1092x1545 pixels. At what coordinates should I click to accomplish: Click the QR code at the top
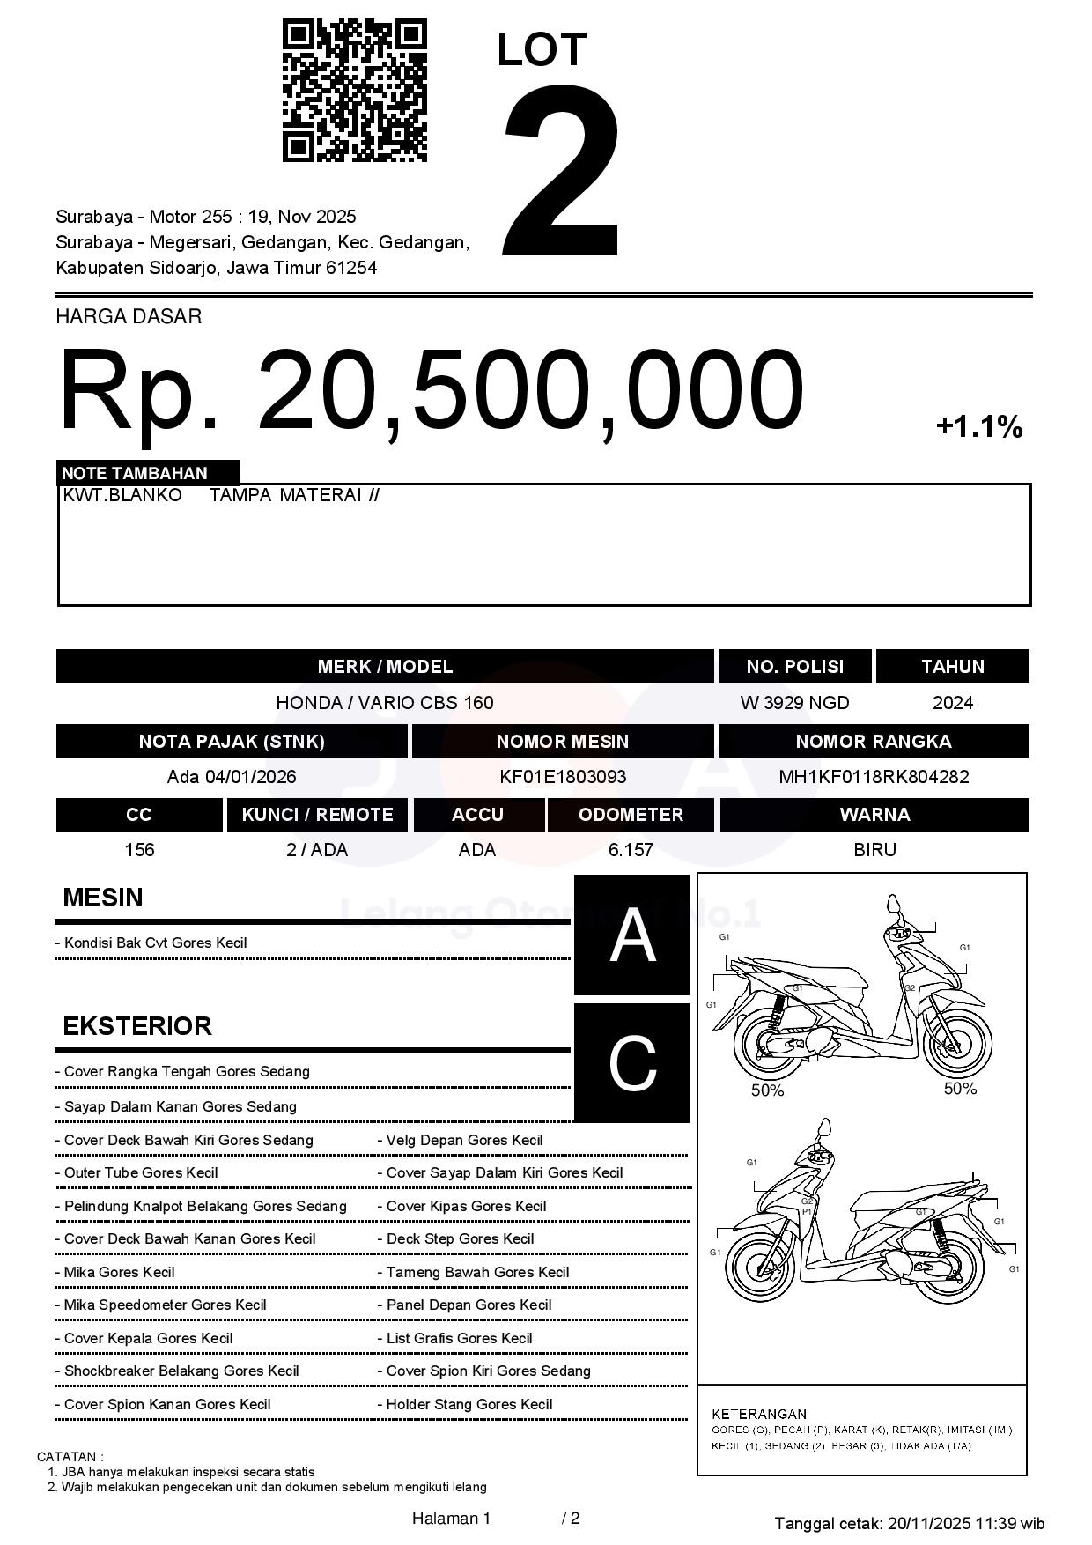354,91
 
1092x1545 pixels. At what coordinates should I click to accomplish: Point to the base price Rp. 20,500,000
432,390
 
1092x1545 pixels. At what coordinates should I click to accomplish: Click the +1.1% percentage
978,427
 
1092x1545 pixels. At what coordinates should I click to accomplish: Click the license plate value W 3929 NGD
794,703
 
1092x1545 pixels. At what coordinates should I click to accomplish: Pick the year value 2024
952,703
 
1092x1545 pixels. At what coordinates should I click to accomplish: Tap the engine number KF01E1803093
563,777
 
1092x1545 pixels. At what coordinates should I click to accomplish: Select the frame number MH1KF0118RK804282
873,777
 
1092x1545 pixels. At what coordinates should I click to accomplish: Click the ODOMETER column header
631,815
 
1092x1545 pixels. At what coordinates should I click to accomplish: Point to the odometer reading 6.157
631,850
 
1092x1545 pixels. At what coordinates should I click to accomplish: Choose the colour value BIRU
874,850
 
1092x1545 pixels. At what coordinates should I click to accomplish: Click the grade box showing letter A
632,935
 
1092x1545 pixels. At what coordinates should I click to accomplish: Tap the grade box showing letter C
632,1063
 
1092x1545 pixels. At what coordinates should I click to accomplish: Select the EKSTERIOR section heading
137,1026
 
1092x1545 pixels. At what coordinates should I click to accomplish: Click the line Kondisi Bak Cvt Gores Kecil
155,943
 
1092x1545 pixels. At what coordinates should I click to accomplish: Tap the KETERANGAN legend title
759,1414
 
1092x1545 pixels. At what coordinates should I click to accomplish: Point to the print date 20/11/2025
928,1524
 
